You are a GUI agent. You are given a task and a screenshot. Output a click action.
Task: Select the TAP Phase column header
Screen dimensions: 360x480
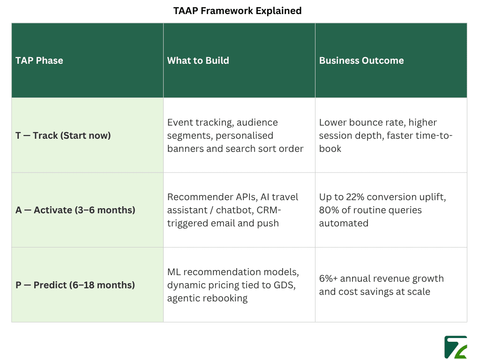coord(39,60)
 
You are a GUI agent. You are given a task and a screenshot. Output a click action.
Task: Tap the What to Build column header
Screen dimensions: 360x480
coord(198,60)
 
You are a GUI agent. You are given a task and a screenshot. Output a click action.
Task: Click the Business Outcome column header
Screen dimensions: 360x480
coord(361,60)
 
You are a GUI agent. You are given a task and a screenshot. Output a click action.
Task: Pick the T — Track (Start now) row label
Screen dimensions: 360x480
coord(63,135)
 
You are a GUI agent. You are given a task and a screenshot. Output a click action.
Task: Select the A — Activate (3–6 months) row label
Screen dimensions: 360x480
coord(75,210)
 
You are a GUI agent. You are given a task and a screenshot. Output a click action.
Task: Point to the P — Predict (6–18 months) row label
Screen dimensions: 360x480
coord(75,285)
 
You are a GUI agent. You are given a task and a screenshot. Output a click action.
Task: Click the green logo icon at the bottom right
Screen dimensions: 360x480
coord(455,347)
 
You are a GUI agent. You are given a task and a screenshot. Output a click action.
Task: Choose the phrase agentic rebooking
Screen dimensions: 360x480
coord(207,298)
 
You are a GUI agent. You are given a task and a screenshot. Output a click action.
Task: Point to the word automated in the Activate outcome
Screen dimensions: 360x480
coord(344,223)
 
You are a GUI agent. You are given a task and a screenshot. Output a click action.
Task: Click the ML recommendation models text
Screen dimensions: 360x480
coord(233,272)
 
